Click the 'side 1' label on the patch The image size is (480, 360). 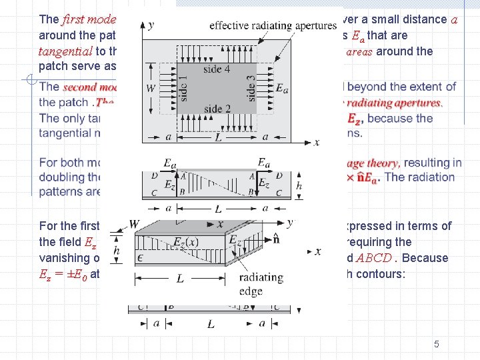pos(183,85)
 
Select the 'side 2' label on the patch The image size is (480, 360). pos(218,108)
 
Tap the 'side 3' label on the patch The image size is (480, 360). pos(251,85)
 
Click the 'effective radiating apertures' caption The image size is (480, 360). pos(273,26)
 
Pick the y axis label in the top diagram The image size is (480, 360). pos(151,25)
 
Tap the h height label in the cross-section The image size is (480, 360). pos(299,186)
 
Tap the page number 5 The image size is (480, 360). pos(436,344)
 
